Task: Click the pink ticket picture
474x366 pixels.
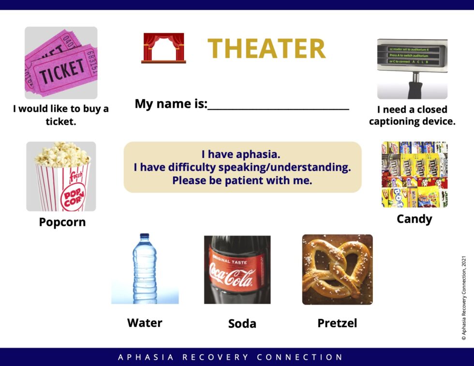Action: [61, 63]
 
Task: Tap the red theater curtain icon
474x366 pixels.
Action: [163, 48]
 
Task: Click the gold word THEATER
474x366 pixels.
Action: [267, 48]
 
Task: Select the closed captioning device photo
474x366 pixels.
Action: [412, 69]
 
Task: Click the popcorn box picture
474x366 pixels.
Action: [61, 176]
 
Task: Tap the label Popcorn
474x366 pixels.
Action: [62, 222]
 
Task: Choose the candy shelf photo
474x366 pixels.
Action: [415, 175]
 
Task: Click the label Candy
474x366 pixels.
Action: [414, 219]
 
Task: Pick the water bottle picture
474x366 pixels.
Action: [145, 269]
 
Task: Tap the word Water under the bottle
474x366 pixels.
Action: [145, 322]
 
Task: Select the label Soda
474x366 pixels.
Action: [242, 323]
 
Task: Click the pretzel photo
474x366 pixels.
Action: [337, 269]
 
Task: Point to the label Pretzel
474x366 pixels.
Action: [337, 323]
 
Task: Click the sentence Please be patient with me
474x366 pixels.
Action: [242, 181]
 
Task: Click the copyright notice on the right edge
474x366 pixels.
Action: [464, 299]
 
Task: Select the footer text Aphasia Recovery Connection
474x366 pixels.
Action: [231, 357]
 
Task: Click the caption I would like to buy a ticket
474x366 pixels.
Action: [61, 115]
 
